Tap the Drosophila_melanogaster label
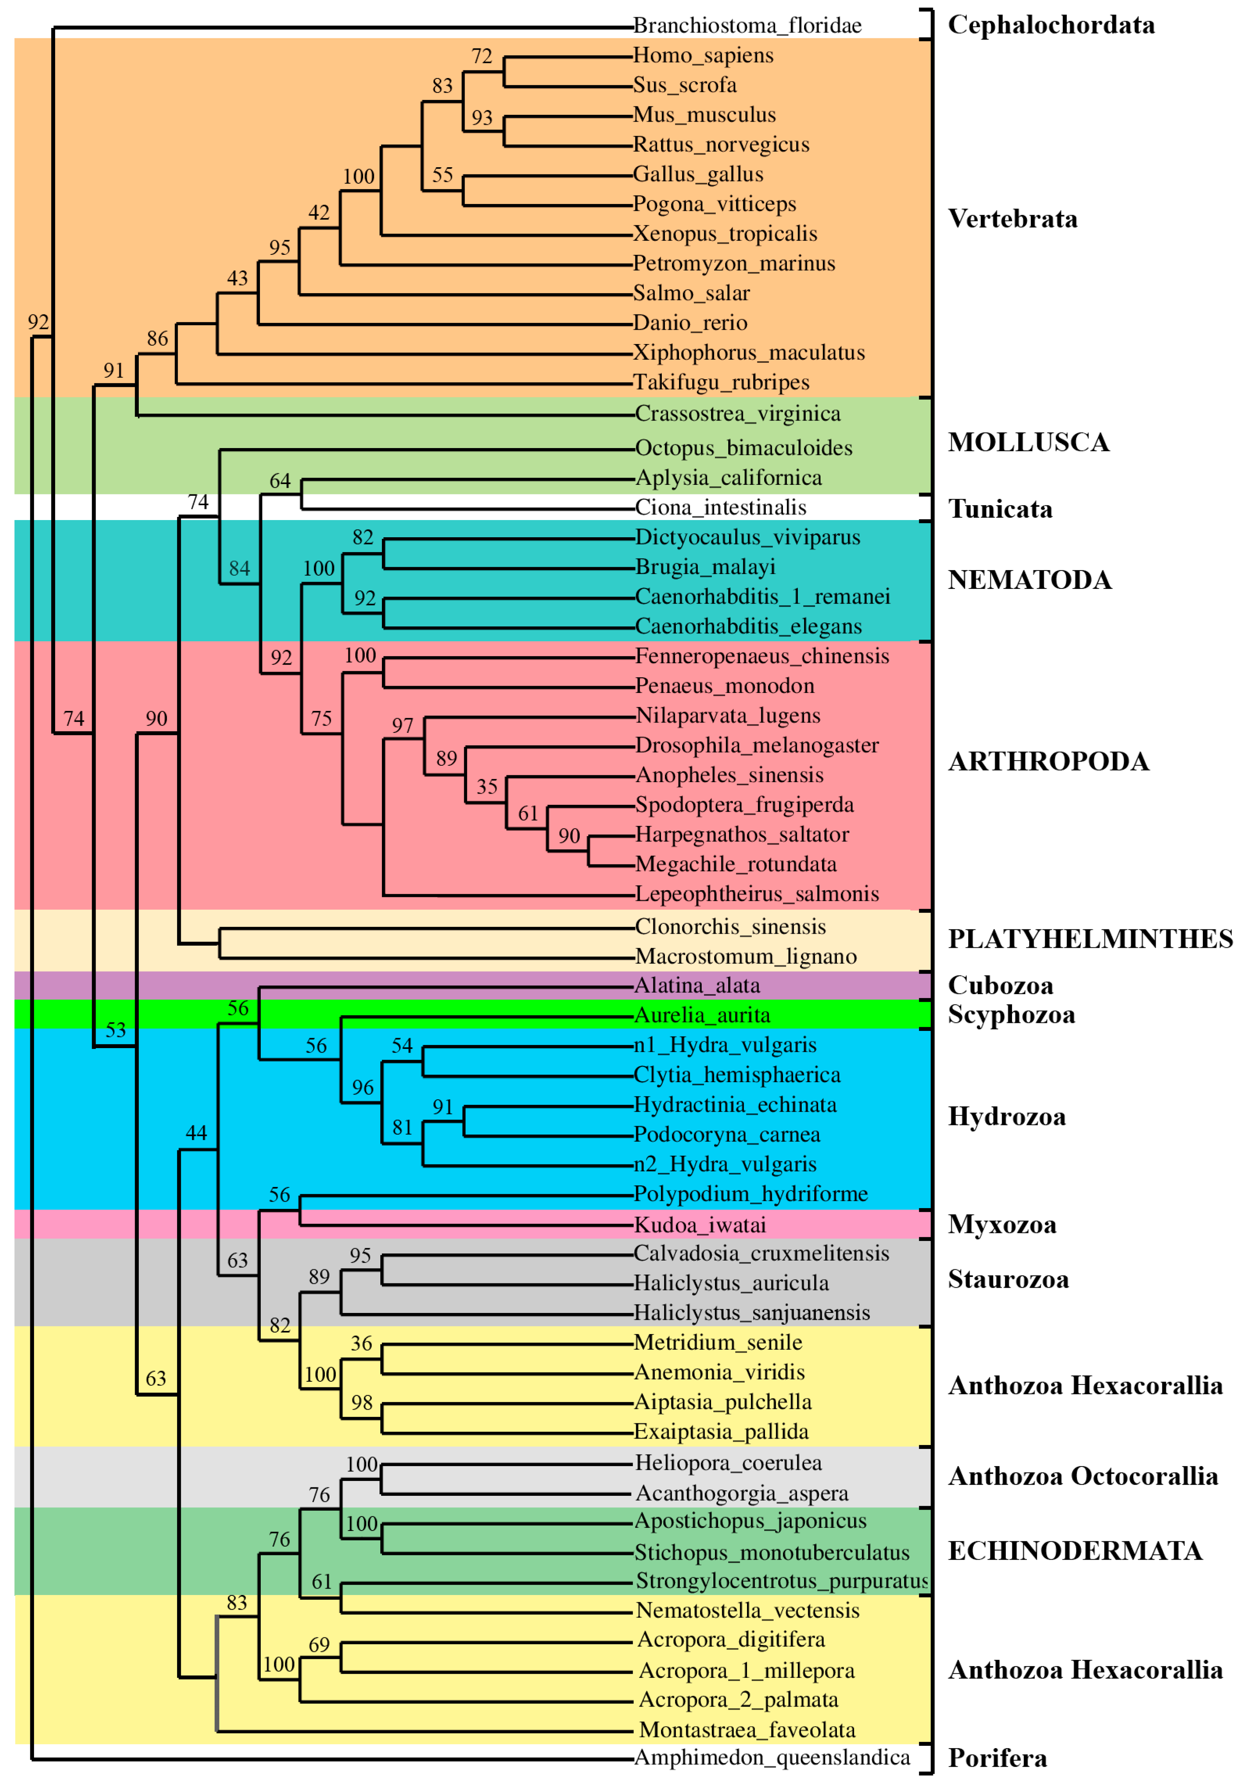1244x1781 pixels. click(756, 745)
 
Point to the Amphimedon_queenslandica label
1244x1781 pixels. click(772, 1757)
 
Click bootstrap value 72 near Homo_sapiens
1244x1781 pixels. click(481, 56)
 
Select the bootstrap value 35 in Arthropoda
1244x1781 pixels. click(486, 786)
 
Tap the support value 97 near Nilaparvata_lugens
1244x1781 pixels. click(402, 725)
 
